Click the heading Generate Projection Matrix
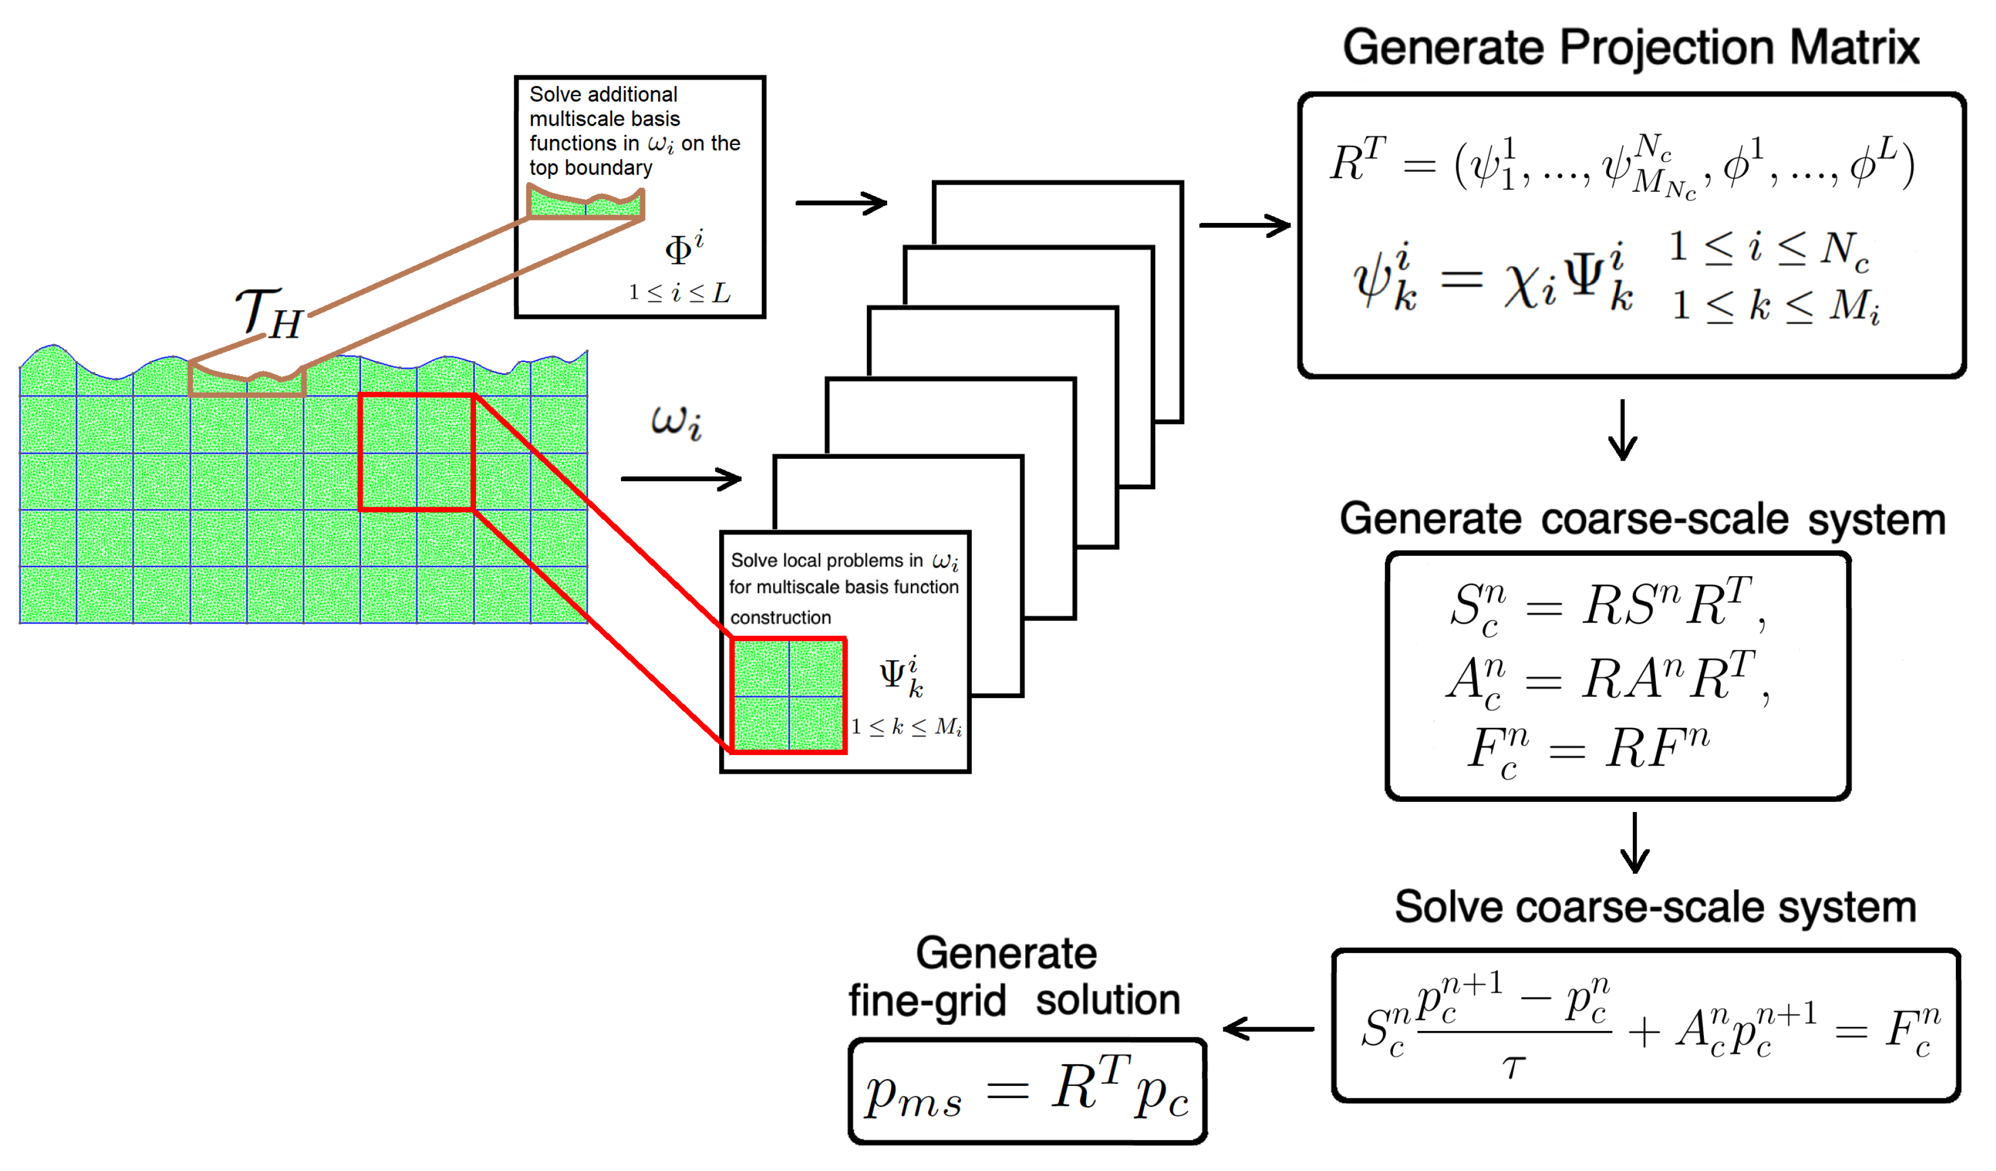point(1630,47)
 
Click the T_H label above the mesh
point(269,314)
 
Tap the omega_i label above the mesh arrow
point(676,422)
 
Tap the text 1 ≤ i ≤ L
point(679,293)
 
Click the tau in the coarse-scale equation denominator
point(1513,1068)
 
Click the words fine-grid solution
point(1014,1000)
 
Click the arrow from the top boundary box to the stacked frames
point(840,204)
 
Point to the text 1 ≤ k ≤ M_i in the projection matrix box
point(1775,306)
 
